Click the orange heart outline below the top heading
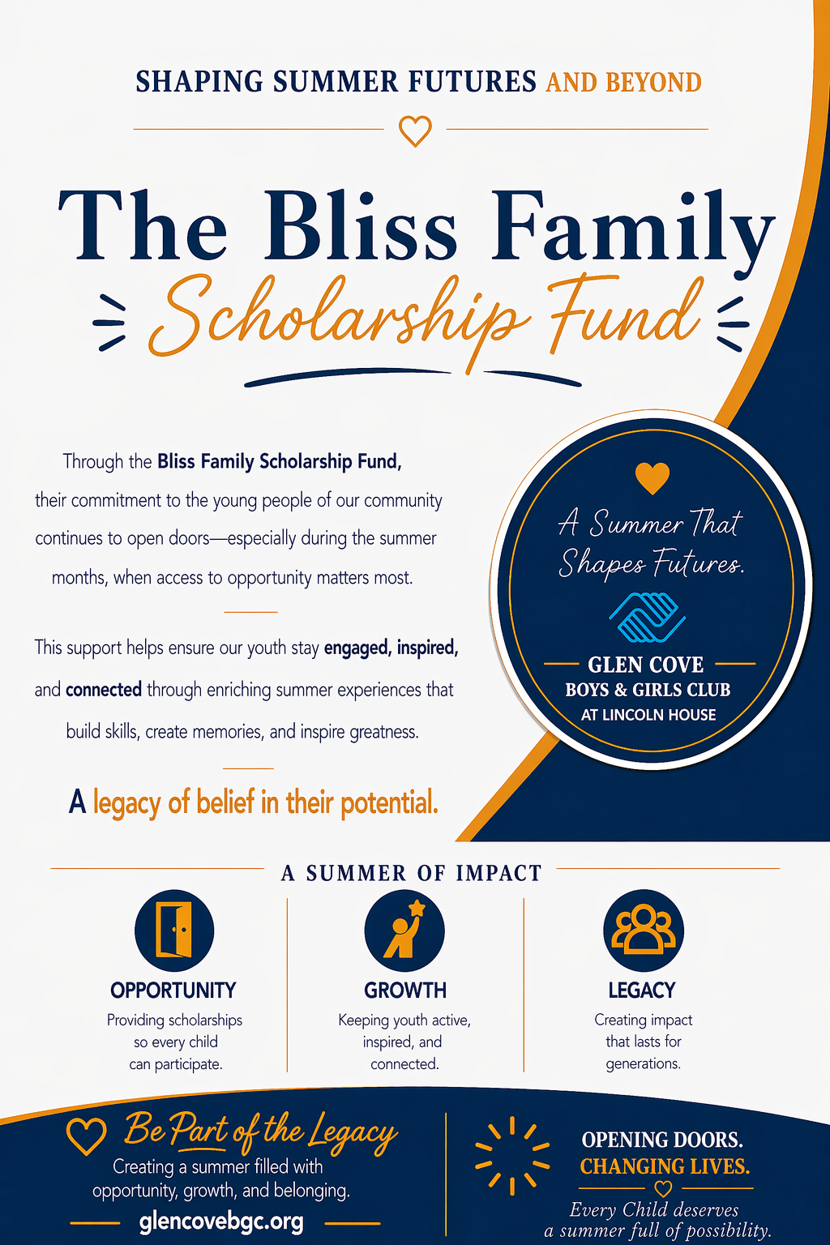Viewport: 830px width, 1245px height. point(415,130)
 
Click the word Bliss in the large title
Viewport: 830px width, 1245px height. point(360,227)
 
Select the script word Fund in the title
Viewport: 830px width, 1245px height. point(624,316)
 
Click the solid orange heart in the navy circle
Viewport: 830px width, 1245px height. point(652,477)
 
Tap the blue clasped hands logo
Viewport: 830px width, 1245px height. point(647,617)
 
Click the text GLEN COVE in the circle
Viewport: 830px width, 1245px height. point(646,665)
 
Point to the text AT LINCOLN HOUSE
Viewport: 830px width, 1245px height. point(648,715)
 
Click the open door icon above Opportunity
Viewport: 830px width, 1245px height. point(174,930)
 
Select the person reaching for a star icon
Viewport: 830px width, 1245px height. point(404,930)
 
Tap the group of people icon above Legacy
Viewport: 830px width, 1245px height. point(644,930)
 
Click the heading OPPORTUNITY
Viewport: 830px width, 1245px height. point(173,990)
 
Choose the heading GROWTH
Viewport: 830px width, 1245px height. point(405,990)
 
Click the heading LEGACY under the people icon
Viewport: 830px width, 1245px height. point(642,990)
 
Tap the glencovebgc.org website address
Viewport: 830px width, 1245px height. point(221,1221)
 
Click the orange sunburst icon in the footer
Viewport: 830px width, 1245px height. point(511,1155)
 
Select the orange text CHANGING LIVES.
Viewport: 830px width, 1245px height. point(665,1166)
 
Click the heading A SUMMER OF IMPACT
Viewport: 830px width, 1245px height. point(411,873)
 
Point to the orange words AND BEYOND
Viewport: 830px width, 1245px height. point(624,83)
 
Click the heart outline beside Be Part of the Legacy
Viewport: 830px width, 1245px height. point(86,1136)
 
